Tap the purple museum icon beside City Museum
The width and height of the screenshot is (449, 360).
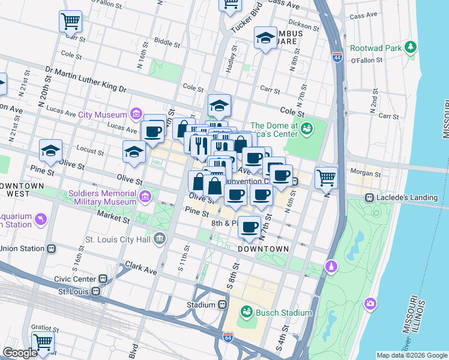coord(136,114)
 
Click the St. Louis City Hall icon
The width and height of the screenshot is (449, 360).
coord(160,240)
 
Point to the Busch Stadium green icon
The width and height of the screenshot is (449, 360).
coord(246,312)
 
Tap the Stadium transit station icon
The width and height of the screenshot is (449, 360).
coord(222,304)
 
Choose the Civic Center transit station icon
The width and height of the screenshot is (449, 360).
coord(103,278)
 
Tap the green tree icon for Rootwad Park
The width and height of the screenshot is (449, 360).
coord(411,47)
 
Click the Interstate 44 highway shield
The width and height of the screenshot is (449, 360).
coord(337,58)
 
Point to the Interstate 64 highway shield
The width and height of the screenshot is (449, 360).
coord(228,337)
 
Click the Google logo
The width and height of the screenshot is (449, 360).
coord(20,353)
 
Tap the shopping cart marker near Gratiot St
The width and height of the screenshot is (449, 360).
coord(43,343)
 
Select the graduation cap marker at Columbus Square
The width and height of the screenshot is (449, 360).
coord(265,38)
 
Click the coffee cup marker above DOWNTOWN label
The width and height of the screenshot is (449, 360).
coord(250,227)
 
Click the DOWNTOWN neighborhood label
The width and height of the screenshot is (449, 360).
coord(263,248)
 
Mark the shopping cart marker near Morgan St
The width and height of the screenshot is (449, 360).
coord(326,177)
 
